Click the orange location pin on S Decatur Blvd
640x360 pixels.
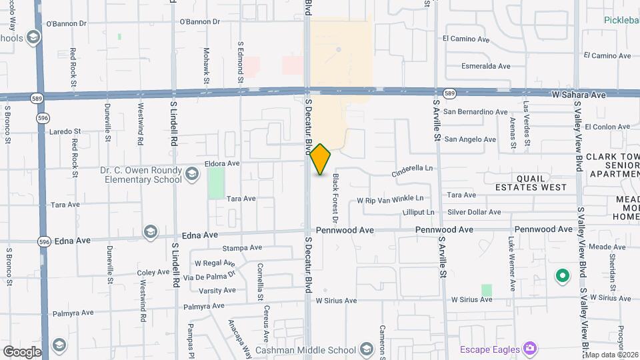[x=321, y=159]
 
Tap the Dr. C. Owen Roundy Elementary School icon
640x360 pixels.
[x=192, y=175]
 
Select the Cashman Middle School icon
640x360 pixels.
[x=366, y=349]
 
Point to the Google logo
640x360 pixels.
[x=22, y=351]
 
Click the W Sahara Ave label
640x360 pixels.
[x=579, y=95]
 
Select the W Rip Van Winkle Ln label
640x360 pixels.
[x=390, y=199]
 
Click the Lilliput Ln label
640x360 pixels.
[x=418, y=213]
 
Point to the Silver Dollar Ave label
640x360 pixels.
[x=474, y=213]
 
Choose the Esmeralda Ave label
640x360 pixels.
[x=486, y=66]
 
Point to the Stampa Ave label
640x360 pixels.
[x=241, y=248]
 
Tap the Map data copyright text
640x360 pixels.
[x=611, y=355]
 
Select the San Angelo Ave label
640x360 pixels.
[x=470, y=139]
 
